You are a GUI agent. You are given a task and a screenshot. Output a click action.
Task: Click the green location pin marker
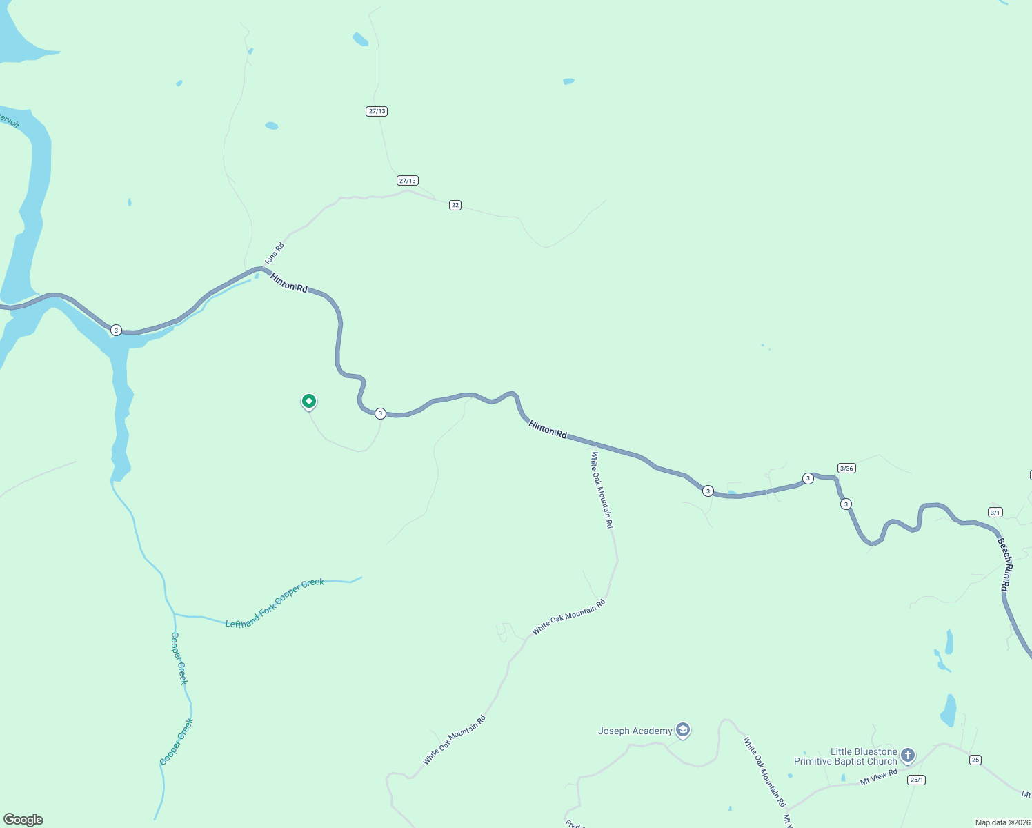click(309, 401)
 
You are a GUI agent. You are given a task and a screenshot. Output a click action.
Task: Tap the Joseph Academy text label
click(635, 731)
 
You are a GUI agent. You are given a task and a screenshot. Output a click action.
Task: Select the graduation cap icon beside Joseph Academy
click(683, 730)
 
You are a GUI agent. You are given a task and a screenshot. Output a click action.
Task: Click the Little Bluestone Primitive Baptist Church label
click(845, 757)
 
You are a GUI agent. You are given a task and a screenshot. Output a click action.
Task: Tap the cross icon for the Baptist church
click(908, 755)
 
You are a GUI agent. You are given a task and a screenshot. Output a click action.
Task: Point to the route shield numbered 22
click(455, 205)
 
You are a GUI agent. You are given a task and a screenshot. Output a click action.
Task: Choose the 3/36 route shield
click(846, 469)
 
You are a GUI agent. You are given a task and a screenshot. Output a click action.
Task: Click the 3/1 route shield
click(995, 512)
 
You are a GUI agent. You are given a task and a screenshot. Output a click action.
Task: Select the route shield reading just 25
click(975, 760)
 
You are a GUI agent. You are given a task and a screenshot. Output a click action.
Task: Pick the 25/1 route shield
click(916, 780)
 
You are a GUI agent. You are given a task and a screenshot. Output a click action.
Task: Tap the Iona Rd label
click(275, 253)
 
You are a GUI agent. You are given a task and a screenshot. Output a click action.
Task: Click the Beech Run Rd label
click(1005, 564)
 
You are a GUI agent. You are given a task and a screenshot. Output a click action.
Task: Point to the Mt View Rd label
click(878, 777)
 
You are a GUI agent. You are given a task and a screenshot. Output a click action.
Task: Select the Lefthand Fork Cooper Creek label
click(275, 603)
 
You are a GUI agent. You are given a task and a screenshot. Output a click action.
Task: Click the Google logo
click(23, 820)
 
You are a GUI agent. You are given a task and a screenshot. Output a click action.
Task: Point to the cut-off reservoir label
click(9, 121)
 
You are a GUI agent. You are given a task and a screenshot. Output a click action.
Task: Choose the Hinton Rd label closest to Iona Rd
click(289, 283)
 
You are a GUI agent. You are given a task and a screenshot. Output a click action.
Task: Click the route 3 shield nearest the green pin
click(380, 413)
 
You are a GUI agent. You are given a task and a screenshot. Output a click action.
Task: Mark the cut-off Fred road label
click(573, 824)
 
